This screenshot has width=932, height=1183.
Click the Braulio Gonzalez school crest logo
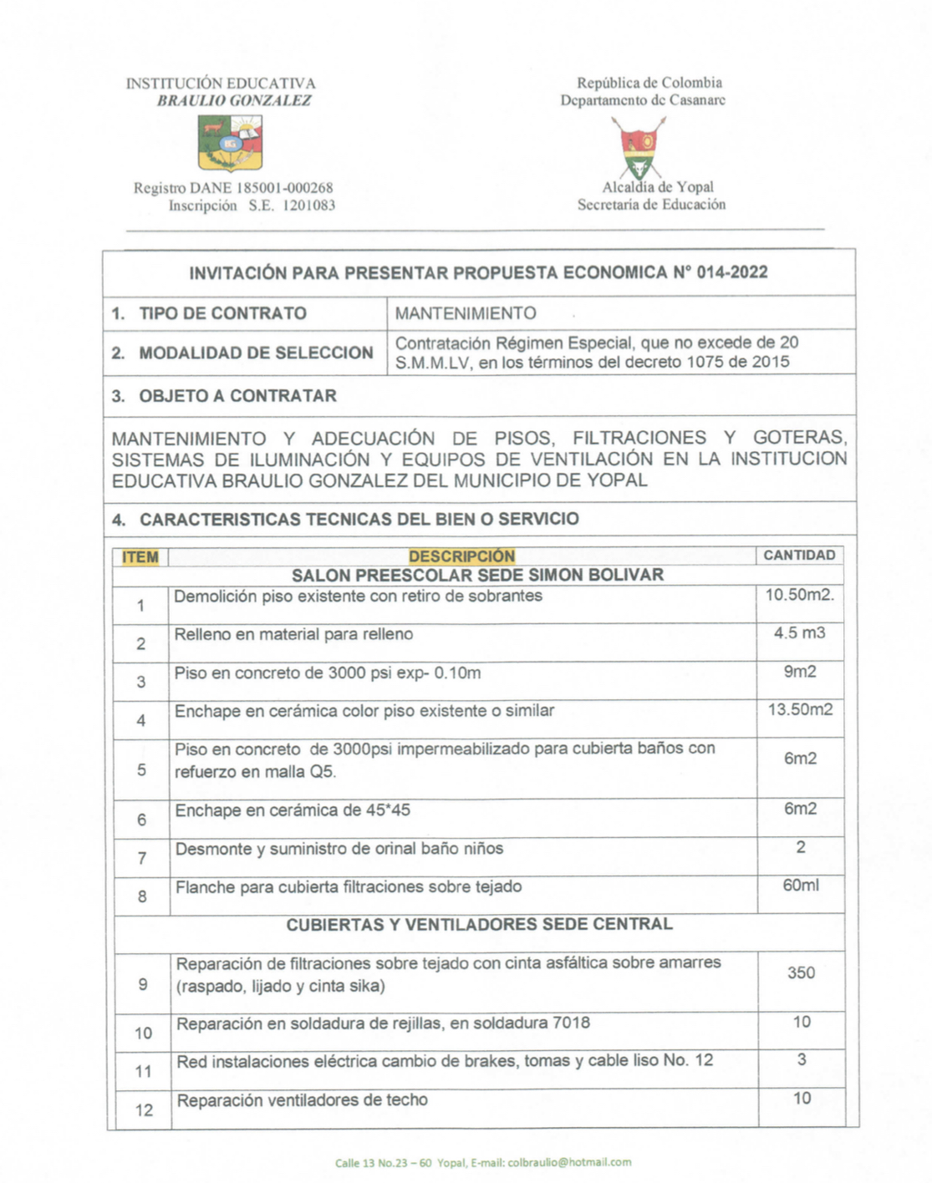click(x=230, y=143)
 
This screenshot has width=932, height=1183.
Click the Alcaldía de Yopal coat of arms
click(x=639, y=147)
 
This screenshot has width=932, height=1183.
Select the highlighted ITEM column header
click(x=140, y=557)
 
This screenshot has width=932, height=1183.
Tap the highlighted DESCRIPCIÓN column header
click(x=461, y=556)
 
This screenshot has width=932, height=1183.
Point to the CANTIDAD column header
click(x=799, y=556)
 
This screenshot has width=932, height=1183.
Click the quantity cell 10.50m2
click(x=799, y=596)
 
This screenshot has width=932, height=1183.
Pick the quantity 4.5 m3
click(x=799, y=633)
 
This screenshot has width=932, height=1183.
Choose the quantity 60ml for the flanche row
click(x=800, y=886)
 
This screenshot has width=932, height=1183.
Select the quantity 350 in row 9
click(x=800, y=973)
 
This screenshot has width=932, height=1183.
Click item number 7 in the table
click(x=142, y=858)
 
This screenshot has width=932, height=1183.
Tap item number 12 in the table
click(x=144, y=1110)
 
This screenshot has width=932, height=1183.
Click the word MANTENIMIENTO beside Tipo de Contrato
click(x=466, y=314)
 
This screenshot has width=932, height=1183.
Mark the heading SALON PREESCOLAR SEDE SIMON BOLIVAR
click(x=477, y=576)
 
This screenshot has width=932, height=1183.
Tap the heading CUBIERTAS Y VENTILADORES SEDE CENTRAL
click(x=479, y=925)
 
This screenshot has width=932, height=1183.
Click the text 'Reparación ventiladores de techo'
click(x=302, y=1100)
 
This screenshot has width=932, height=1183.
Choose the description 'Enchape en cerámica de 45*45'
click(x=292, y=810)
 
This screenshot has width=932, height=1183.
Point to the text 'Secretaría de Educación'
click(x=651, y=205)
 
